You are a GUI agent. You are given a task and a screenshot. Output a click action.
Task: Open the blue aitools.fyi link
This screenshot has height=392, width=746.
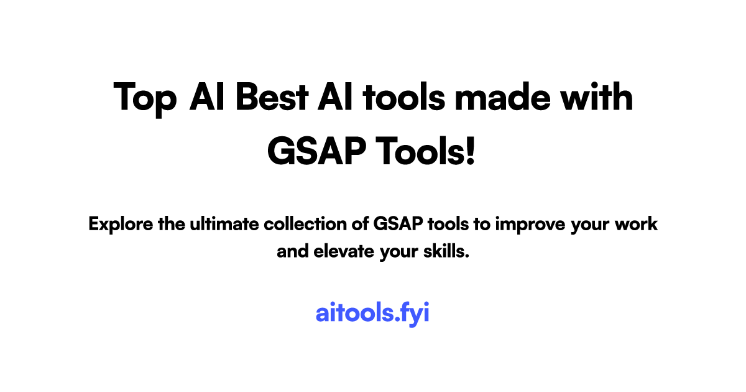point(372,313)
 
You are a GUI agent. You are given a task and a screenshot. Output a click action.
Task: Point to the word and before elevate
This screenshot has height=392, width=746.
point(290,252)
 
